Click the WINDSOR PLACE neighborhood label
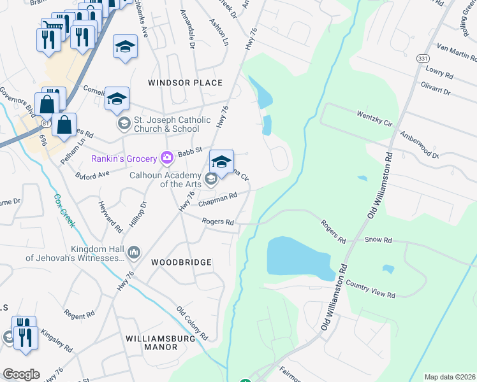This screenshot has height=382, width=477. [x=185, y=83]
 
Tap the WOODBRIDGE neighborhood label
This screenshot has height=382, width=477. [x=181, y=262]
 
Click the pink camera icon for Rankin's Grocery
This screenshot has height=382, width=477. [x=166, y=157]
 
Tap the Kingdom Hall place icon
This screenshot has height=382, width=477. [x=133, y=253]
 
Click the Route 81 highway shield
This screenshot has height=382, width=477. [x=44, y=122]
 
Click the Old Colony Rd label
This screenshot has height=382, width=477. [x=192, y=323]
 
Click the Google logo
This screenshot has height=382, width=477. [x=21, y=374]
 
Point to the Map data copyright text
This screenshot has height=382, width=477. [x=450, y=377]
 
